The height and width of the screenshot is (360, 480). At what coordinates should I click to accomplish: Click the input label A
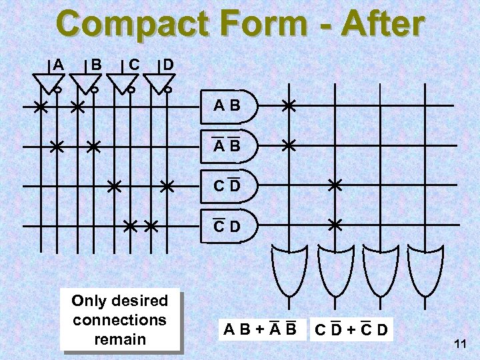(x=59, y=65)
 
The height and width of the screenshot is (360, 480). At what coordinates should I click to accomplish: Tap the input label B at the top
(x=96, y=65)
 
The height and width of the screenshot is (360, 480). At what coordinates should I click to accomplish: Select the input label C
(x=133, y=65)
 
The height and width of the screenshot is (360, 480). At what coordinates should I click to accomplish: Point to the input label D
(x=169, y=65)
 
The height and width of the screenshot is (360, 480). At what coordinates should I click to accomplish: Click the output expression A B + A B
(x=260, y=328)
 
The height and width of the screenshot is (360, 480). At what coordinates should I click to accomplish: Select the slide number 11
(x=459, y=344)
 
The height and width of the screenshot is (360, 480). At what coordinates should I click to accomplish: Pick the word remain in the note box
(x=120, y=339)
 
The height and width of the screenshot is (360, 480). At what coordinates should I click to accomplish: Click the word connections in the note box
(x=120, y=319)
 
